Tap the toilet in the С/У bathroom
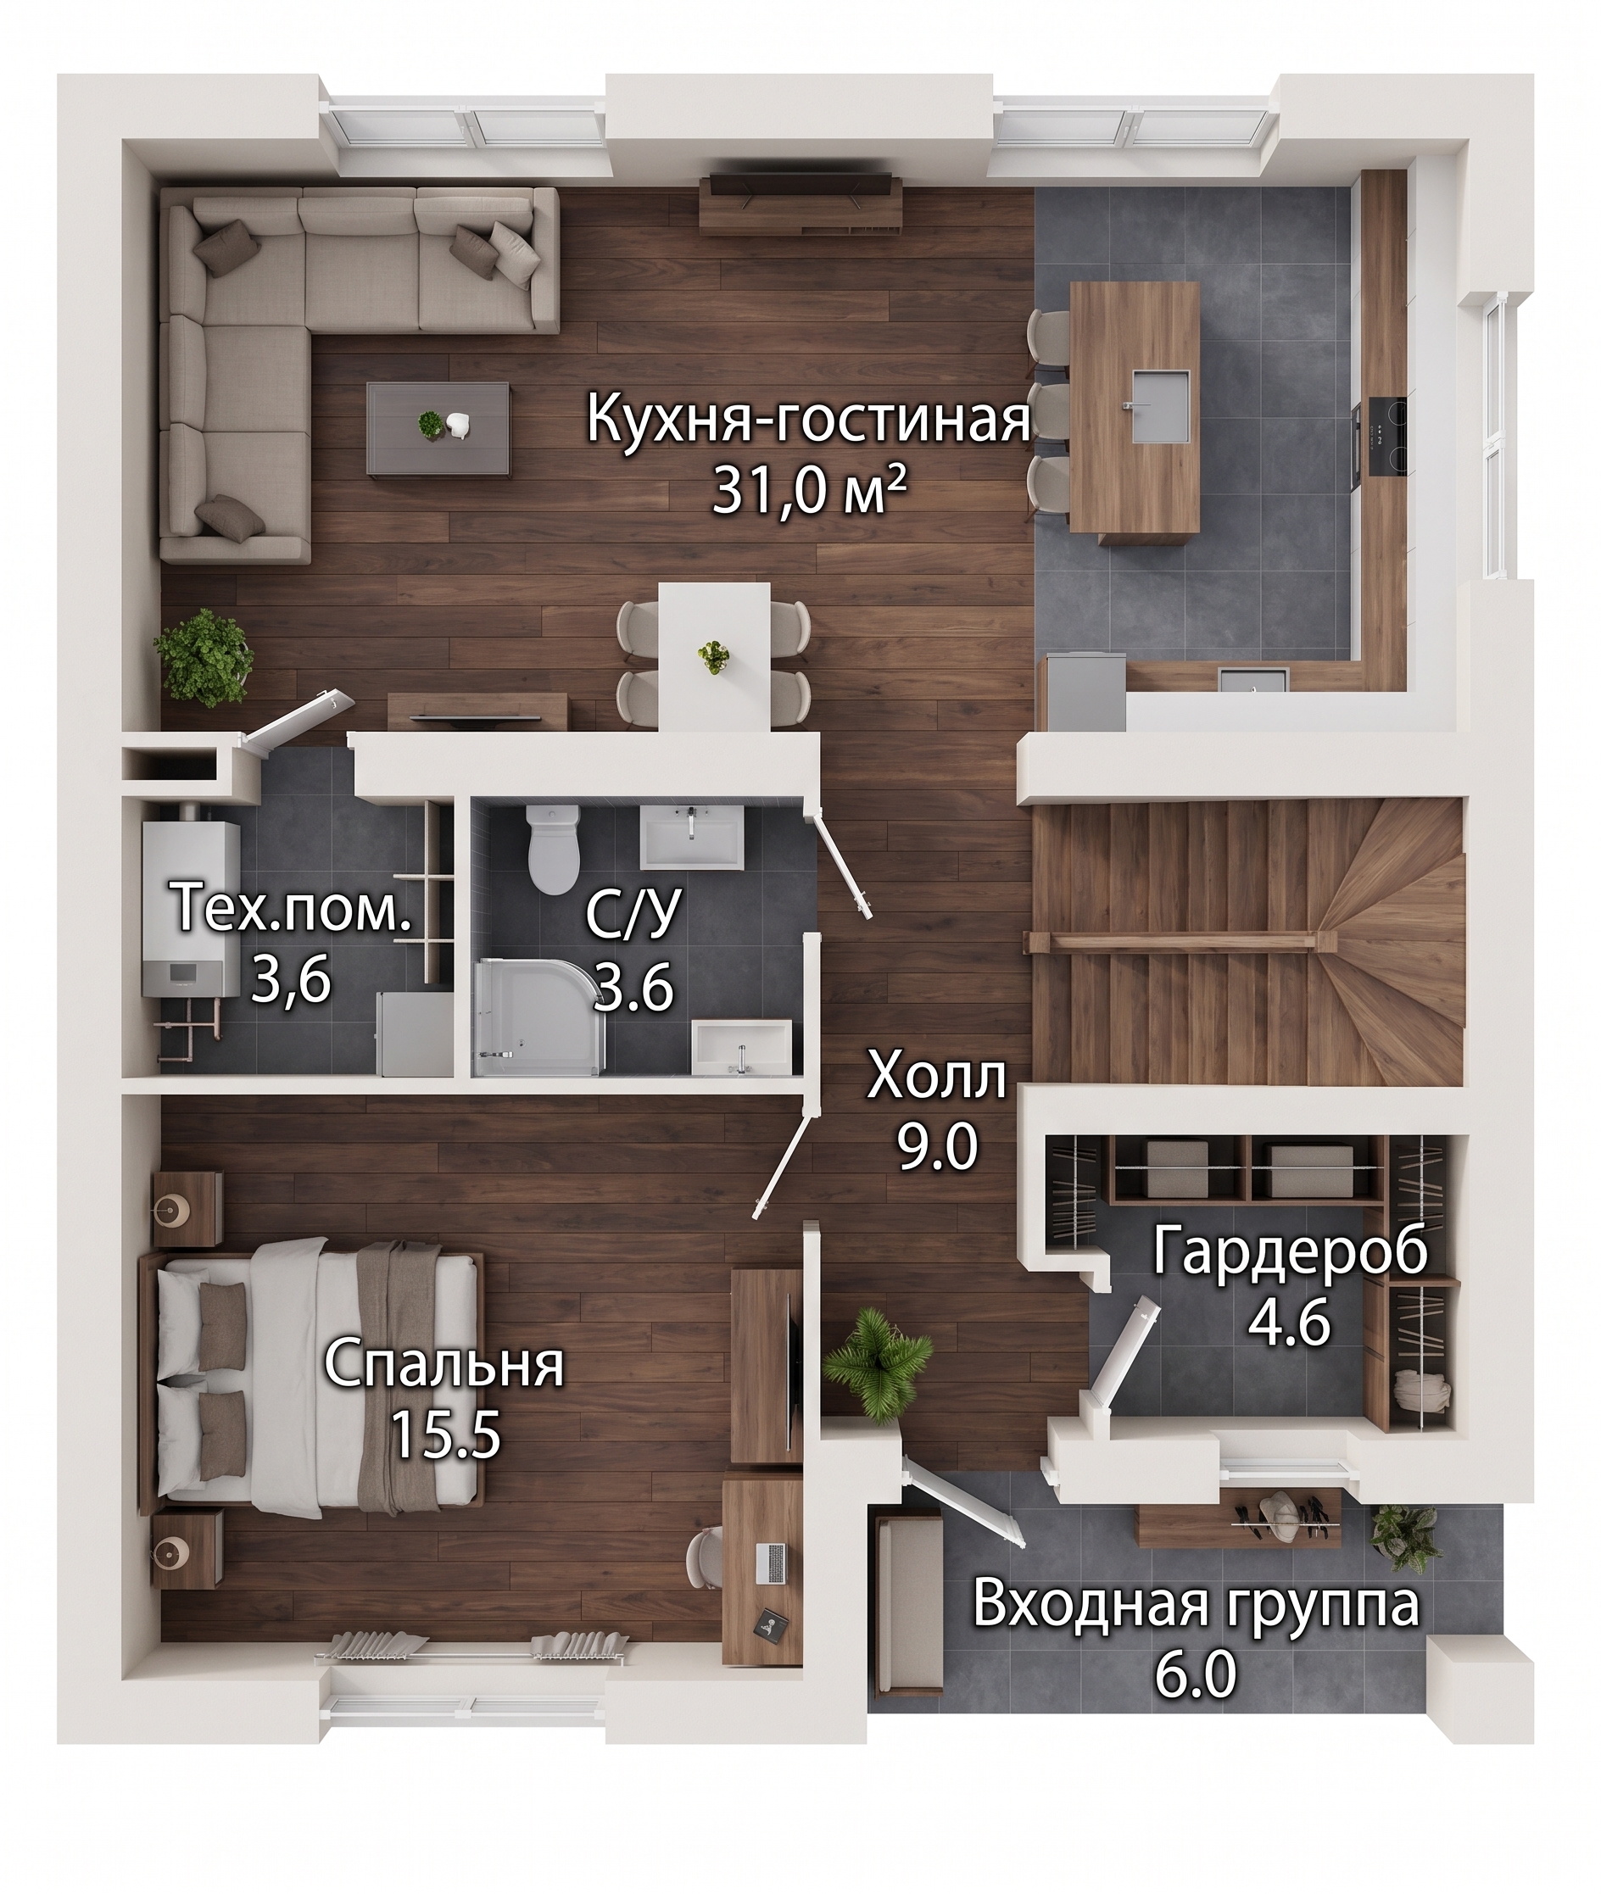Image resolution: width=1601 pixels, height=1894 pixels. (552, 850)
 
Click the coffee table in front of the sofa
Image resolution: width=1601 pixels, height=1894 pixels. (438, 427)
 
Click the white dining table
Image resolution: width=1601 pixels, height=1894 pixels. (713, 654)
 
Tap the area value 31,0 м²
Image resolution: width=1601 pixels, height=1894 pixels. (809, 494)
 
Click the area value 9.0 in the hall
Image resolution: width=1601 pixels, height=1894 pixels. (937, 1145)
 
